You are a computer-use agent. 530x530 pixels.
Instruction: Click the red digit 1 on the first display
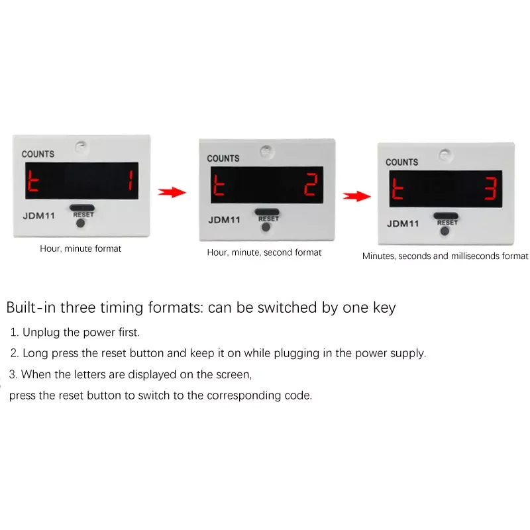point(130,180)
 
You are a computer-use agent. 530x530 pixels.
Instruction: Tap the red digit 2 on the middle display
point(311,184)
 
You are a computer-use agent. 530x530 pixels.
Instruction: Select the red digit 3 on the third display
point(490,188)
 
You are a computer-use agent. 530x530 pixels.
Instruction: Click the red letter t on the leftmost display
point(32,181)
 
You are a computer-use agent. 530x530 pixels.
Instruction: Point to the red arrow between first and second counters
point(172,192)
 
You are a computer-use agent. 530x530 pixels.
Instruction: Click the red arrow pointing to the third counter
point(356,195)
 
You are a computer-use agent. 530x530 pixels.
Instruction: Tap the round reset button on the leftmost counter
point(80,223)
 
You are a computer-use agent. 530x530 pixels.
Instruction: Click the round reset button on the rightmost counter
point(445,231)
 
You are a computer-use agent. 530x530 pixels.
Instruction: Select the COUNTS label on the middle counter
point(223,158)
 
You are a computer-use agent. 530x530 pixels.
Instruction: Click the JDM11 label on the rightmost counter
point(403,223)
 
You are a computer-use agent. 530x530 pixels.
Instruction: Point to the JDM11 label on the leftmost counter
point(39,216)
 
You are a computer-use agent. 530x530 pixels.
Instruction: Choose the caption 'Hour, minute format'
point(80,248)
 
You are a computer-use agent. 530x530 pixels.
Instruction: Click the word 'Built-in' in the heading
point(31,307)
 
